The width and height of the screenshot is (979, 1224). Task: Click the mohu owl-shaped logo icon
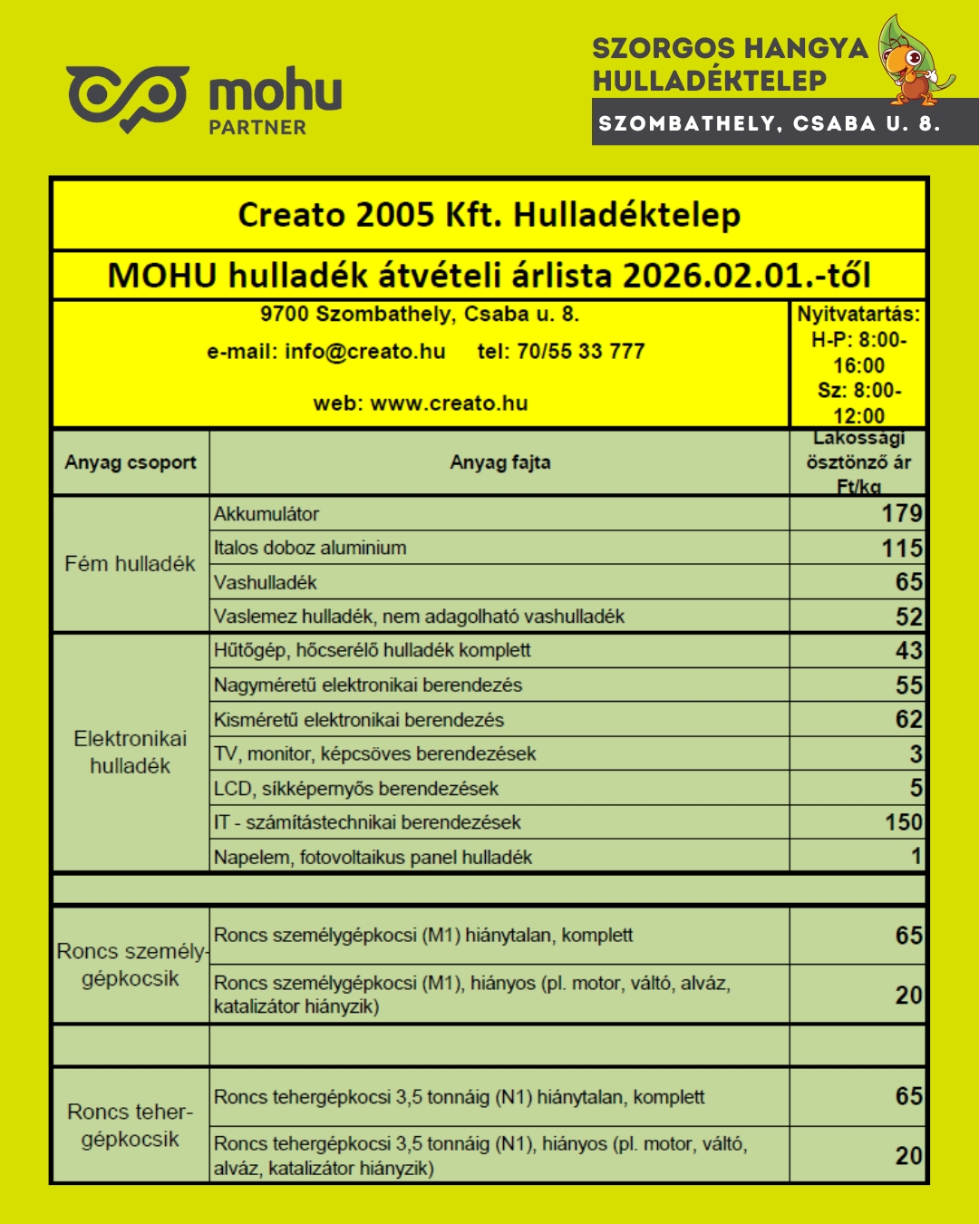[x=127, y=97]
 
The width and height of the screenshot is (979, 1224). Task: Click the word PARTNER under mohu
[x=257, y=128]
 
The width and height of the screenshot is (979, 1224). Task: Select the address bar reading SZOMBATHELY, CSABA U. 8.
[x=770, y=123]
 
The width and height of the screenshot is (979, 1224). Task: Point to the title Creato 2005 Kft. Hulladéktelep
[x=489, y=215]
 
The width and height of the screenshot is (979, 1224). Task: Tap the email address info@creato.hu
[x=364, y=352]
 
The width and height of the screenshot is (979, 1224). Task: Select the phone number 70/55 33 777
[x=580, y=352]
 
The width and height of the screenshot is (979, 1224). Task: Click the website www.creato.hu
[x=449, y=403]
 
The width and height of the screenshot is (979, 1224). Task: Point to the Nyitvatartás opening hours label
[x=858, y=315]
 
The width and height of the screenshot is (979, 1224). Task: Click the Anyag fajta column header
[x=499, y=462]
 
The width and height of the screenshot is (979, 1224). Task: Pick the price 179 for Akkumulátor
[x=901, y=514]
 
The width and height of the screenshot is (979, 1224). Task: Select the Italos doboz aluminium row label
[x=310, y=548]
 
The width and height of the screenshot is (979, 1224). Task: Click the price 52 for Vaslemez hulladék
[x=908, y=617]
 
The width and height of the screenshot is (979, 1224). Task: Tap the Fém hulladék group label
[x=130, y=564]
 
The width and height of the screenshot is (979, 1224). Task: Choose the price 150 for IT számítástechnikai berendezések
[x=903, y=822]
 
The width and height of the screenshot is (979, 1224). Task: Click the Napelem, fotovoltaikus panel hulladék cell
[x=373, y=857]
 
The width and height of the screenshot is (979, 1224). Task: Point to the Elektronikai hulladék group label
[x=130, y=752]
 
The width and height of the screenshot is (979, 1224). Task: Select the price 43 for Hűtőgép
[x=908, y=651]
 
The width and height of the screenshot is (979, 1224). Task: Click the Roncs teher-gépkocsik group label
[x=130, y=1125]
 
